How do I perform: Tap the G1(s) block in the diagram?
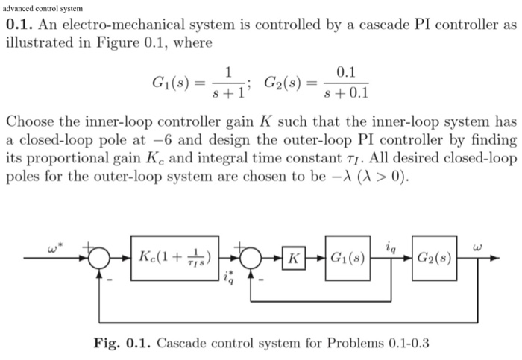tap(349, 259)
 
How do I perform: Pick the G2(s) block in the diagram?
tap(436, 259)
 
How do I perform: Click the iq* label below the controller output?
tap(229, 277)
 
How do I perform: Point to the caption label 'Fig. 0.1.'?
tap(122, 344)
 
